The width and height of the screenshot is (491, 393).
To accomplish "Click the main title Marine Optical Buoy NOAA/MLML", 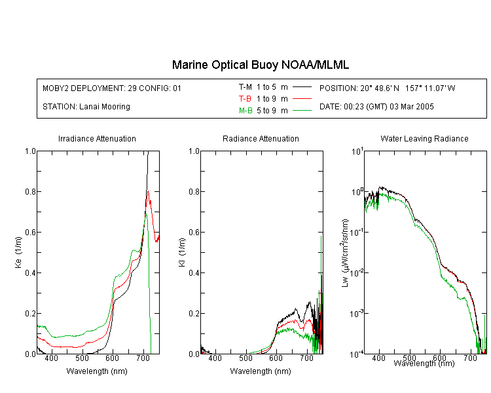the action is [x=260, y=65].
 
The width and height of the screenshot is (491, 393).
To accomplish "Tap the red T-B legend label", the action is [x=245, y=99].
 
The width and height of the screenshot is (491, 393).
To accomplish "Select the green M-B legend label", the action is [x=245, y=111].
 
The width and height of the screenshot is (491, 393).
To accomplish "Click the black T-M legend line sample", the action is [x=302, y=87].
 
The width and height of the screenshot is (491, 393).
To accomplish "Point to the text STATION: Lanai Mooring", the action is [x=86, y=107].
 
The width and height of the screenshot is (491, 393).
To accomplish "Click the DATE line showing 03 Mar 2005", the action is [x=376, y=107].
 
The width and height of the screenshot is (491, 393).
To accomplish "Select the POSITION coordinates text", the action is [x=387, y=88].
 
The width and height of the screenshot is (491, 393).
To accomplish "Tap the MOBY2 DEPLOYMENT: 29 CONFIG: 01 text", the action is [x=112, y=88].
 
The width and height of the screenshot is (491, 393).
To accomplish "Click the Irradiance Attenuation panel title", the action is [x=97, y=138].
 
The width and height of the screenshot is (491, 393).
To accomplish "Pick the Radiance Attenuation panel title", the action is [x=261, y=138].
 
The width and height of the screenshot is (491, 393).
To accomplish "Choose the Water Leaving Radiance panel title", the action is [x=424, y=138].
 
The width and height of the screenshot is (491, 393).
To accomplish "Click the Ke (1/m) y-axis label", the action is [x=18, y=252].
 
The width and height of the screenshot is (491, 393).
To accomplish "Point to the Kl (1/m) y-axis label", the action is [x=182, y=252].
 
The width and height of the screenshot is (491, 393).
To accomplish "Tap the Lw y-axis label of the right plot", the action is [x=345, y=253].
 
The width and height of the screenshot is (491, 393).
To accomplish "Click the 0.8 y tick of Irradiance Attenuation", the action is [x=30, y=191].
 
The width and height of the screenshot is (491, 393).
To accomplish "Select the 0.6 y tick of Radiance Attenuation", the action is [x=194, y=233].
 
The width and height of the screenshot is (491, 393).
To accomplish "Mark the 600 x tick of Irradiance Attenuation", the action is [x=113, y=358].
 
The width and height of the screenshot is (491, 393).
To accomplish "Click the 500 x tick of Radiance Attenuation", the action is [x=245, y=358].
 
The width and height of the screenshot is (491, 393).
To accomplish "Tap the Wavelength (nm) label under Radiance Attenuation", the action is [x=261, y=371].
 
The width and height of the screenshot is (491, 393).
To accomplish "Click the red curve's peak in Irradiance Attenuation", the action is [x=148, y=191].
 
